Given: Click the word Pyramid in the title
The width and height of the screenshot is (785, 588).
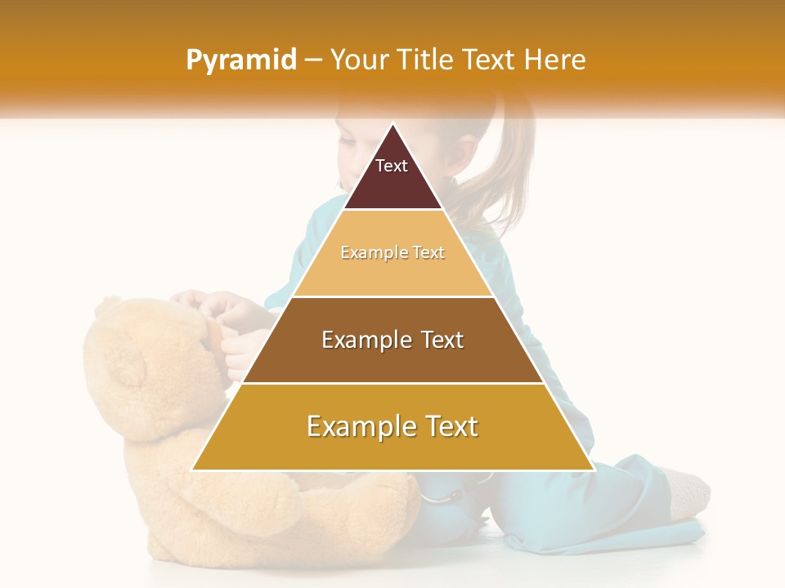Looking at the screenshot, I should pos(240,60).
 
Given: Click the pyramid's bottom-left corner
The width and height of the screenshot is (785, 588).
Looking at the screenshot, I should pos(193,470).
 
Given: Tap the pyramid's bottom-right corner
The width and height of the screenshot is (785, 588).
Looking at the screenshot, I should pos(593,470).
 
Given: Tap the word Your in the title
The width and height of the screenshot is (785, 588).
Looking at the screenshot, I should pos(356,60).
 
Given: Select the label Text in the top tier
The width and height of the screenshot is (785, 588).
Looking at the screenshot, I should pos(392,166).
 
